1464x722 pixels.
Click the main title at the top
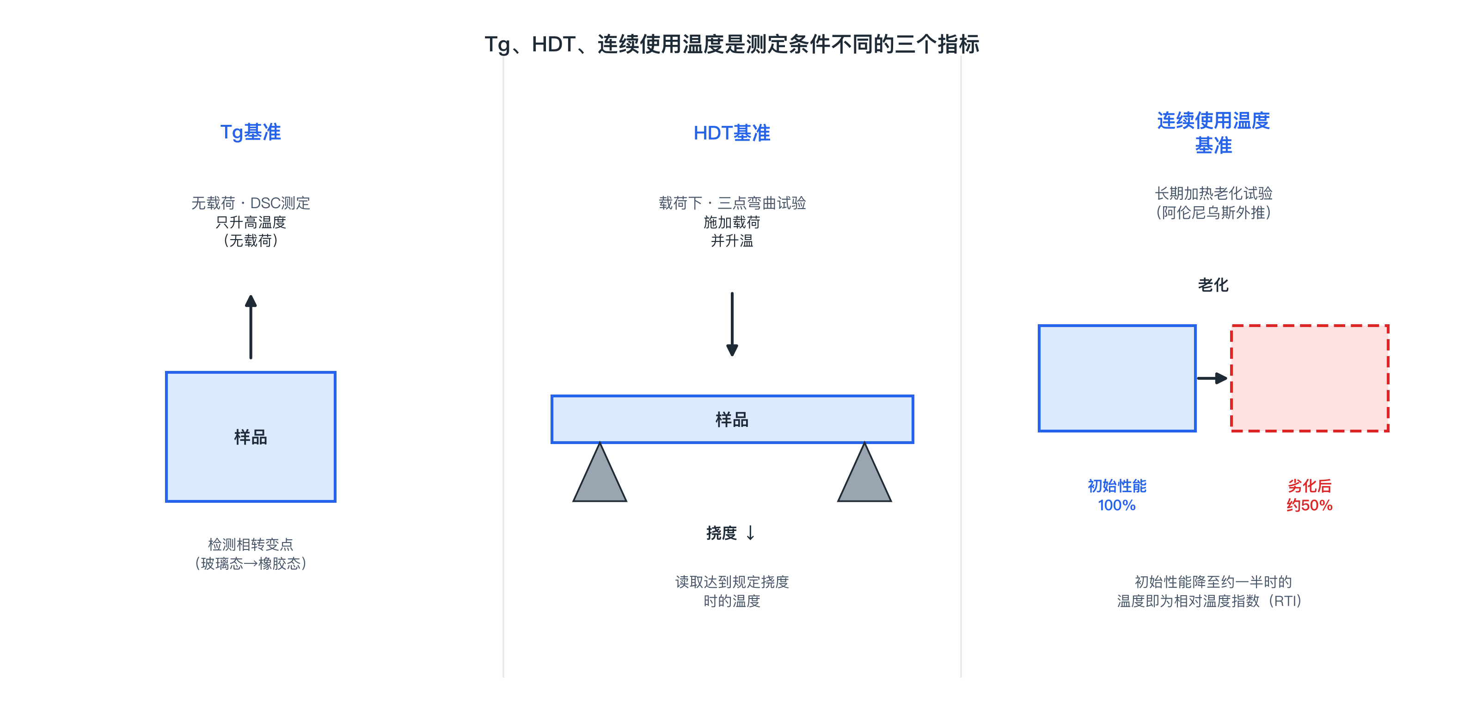point(732,44)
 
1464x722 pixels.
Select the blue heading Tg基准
point(251,132)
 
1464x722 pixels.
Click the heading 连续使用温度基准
point(1213,132)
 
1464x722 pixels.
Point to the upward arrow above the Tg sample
point(251,327)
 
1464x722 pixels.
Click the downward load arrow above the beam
point(732,324)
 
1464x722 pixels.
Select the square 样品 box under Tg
point(251,437)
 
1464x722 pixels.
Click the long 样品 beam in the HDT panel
point(732,419)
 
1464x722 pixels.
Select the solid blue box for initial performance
point(1117,378)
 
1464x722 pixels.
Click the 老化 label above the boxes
point(1213,285)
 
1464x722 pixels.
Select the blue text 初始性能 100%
point(1117,495)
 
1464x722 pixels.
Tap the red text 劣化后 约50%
point(1310,495)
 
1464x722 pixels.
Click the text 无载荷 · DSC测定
point(251,203)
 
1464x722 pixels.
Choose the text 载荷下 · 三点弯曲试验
point(732,203)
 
